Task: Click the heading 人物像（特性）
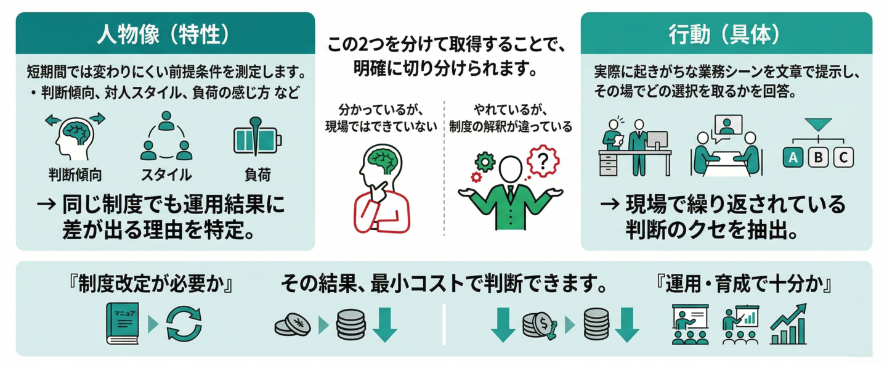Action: pyautogui.click(x=165, y=35)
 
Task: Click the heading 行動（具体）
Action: pyautogui.click(x=726, y=35)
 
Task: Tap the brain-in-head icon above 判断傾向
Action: pyautogui.click(x=75, y=137)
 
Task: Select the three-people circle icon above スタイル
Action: pyautogui.click(x=166, y=137)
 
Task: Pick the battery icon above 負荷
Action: pyautogui.click(x=257, y=137)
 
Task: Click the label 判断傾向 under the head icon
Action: pyautogui.click(x=75, y=174)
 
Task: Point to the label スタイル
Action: pyautogui.click(x=166, y=174)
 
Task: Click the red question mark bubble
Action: pyautogui.click(x=541, y=162)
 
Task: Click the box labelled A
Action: pyautogui.click(x=794, y=158)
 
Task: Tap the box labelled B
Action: pyautogui.click(x=819, y=158)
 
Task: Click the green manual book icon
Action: pyautogui.click(x=123, y=322)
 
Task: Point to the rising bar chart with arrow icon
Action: pyautogui.click(x=788, y=324)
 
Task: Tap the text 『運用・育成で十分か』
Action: pyautogui.click(x=745, y=285)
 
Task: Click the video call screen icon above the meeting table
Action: pyautogui.click(x=727, y=126)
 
